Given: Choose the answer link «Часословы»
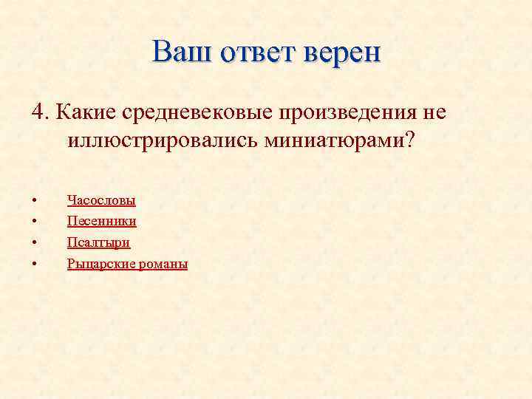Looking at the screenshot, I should (101, 199).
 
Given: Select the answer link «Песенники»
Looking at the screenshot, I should (101, 221).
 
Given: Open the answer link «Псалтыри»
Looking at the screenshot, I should (98, 242).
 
